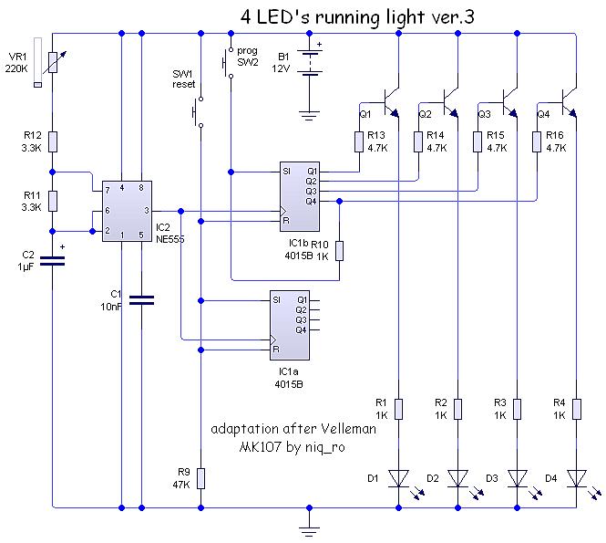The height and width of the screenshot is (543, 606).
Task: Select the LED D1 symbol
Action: pyautogui.click(x=399, y=477)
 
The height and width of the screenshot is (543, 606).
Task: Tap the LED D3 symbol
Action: pyautogui.click(x=518, y=477)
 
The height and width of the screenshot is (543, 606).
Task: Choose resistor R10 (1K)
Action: pyautogui.click(x=339, y=249)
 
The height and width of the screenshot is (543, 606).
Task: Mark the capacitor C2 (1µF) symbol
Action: pyautogui.click(x=53, y=261)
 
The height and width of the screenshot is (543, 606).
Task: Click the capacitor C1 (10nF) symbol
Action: pyautogui.click(x=141, y=298)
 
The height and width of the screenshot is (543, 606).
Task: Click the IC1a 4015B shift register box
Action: pyautogui.click(x=290, y=323)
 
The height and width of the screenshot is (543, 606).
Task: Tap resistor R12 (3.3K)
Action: pyautogui.click(x=53, y=141)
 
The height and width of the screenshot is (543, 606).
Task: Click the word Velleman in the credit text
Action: pyautogui.click(x=344, y=428)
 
